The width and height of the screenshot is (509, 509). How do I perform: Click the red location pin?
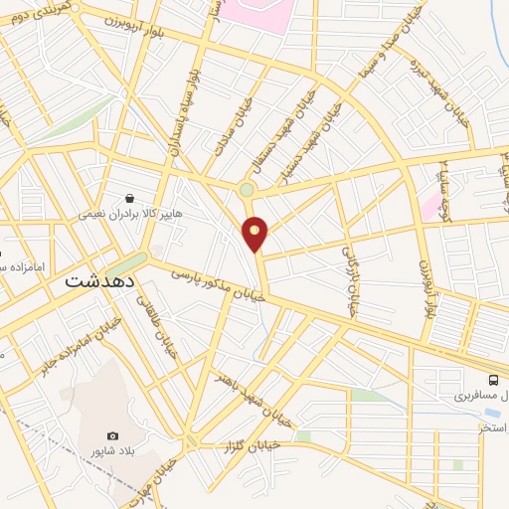pyautogui.click(x=255, y=233)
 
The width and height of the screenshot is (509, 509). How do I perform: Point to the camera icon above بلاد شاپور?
pyautogui.click(x=112, y=436)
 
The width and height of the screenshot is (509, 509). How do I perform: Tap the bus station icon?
pyautogui.click(x=493, y=379)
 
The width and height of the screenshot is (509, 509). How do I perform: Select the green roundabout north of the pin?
pyautogui.click(x=247, y=189)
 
